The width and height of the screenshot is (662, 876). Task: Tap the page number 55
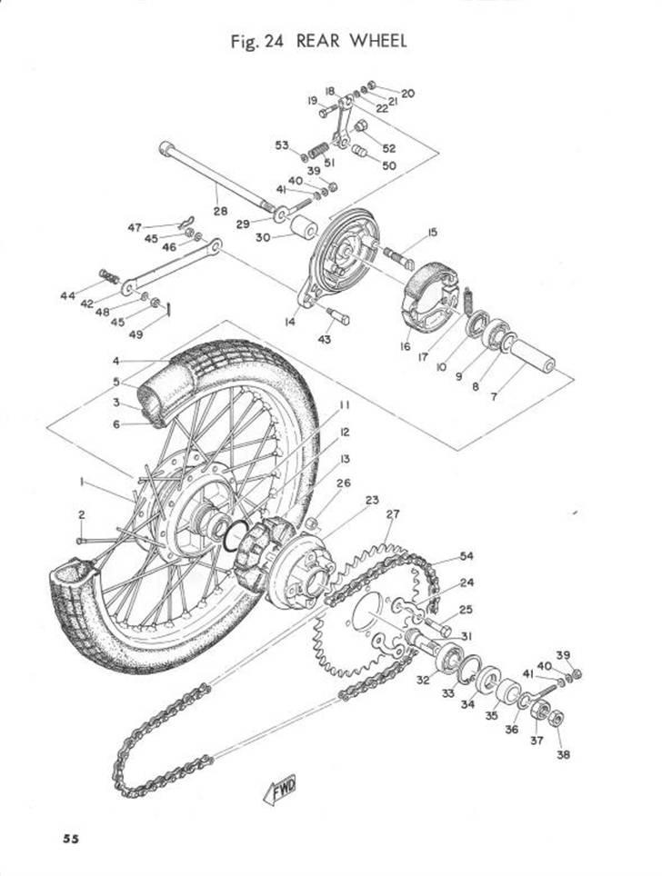[70, 838]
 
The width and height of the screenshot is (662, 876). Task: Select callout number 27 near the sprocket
[392, 514]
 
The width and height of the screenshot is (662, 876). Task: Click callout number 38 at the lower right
[563, 753]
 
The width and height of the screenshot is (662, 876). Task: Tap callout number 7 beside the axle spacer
[519, 398]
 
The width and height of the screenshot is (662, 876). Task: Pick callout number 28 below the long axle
[218, 211]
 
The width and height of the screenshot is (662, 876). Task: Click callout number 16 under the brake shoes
[406, 347]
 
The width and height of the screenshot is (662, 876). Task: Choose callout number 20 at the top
[407, 93]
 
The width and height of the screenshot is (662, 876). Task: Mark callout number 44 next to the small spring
[91, 296]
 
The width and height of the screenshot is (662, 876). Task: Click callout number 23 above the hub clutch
[373, 501]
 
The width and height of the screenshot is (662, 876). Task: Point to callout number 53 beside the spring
[282, 145]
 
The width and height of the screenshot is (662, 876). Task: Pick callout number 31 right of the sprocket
[467, 635]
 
